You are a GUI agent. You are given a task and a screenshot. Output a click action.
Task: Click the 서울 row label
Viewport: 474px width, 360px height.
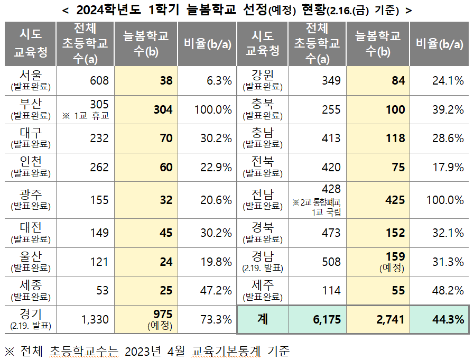(31, 80)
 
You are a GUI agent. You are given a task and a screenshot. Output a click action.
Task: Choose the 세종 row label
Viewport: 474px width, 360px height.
(31, 290)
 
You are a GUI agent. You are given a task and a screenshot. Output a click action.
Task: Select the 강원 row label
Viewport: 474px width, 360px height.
(263, 80)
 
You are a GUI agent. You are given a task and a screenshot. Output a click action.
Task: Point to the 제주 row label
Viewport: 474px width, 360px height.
(263, 290)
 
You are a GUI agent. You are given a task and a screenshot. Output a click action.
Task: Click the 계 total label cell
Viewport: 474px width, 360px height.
(263, 319)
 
